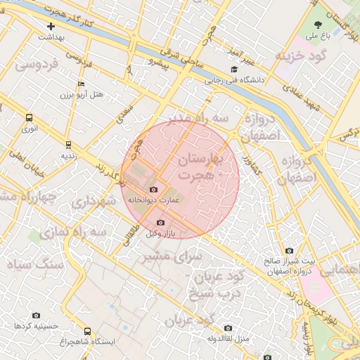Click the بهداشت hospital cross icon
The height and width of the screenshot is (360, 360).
pyautogui.click(x=51, y=26)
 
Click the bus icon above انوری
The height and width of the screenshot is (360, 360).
pyautogui.click(x=30, y=118)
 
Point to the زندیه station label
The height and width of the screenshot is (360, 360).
pyautogui.click(x=68, y=155)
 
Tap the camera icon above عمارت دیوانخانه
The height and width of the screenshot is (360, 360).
pyautogui.click(x=154, y=190)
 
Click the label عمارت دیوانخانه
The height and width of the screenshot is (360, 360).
pyautogui.click(x=154, y=200)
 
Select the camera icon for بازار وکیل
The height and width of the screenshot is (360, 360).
pyautogui.click(x=161, y=223)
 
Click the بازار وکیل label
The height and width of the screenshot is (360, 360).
pyautogui.click(x=161, y=233)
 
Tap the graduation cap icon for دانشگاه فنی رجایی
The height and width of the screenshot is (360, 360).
pyautogui.click(x=234, y=70)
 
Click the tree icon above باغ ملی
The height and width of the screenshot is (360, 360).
pyautogui.click(x=319, y=25)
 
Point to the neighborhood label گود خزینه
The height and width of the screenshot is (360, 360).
pyautogui.click(x=302, y=56)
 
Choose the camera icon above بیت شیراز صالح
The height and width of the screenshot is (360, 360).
pyautogui.click(x=289, y=251)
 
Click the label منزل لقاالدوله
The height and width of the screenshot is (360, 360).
pyautogui.click(x=228, y=338)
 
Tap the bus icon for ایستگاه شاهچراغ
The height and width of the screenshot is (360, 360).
pyautogui.click(x=88, y=331)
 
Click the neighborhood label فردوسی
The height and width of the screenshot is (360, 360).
pyautogui.click(x=37, y=65)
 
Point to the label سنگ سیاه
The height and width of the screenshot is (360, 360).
pyautogui.click(x=34, y=264)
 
